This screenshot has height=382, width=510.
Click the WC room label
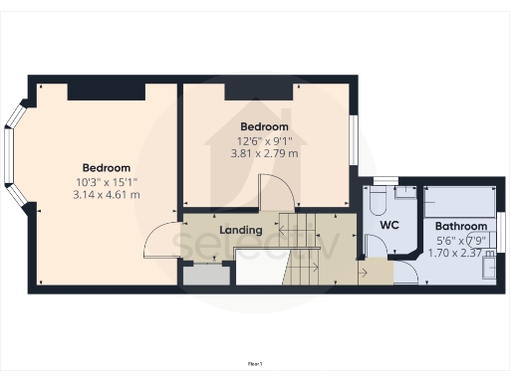[388, 226]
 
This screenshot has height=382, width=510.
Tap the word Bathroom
[460, 226]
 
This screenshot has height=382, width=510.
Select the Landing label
[241, 231]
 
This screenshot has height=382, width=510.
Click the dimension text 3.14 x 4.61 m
[107, 195]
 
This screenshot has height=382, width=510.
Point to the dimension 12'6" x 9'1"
[264, 140]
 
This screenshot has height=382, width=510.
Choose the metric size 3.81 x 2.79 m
[265, 153]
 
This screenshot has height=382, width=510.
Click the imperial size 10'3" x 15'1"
[107, 181]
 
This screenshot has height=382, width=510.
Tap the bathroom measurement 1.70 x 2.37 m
[461, 253]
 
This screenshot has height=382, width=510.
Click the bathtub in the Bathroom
[459, 201]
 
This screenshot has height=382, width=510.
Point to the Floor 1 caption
[255, 365]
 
